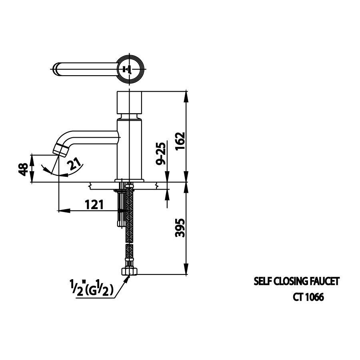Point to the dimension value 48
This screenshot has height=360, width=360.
pos(24,169)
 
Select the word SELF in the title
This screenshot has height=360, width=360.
pos(262,282)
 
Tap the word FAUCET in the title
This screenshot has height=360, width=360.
pos(324,282)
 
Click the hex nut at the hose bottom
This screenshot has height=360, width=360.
pos(129,272)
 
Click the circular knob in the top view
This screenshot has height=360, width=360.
pos(129,69)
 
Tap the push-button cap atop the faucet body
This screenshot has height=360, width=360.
pos(129,102)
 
